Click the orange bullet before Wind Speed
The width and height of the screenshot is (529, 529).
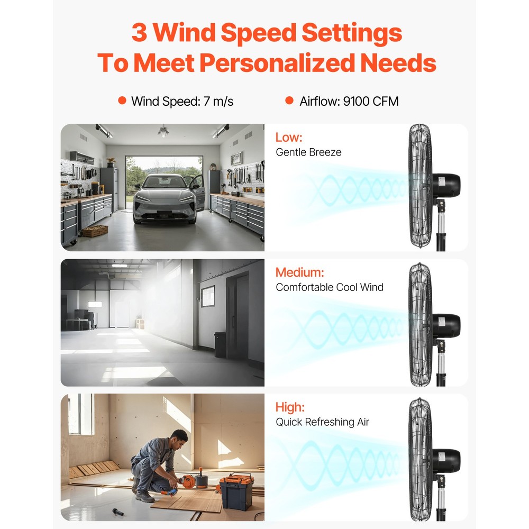[x=122, y=101]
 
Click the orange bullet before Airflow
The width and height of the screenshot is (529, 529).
[x=289, y=101]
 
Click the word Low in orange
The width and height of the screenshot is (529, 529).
[x=289, y=138]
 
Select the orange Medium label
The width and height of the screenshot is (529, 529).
[x=299, y=272]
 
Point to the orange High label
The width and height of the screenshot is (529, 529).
[x=290, y=407]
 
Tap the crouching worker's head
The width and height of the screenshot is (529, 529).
[x=180, y=439]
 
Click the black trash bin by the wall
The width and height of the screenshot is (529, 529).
[x=220, y=344]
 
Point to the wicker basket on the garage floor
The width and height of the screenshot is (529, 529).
[x=95, y=231]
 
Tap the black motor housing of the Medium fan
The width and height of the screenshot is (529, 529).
[x=446, y=325]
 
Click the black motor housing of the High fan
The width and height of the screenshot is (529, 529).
[x=446, y=461]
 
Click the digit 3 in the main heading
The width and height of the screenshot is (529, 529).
[x=139, y=33]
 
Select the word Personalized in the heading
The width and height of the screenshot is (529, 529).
[x=276, y=63]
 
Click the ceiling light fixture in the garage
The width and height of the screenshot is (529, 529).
[x=163, y=131]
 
